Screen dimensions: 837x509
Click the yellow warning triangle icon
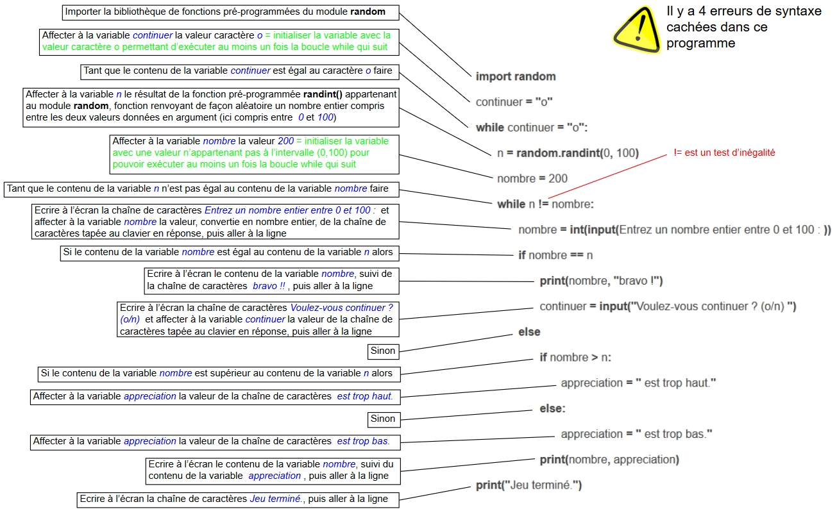(x=636, y=30)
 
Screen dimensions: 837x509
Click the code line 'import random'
(x=516, y=76)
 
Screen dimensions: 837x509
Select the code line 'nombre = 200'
(x=532, y=178)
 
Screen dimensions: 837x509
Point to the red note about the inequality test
(x=724, y=153)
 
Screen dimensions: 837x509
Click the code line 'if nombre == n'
(x=555, y=255)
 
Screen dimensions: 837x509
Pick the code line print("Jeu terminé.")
(x=528, y=485)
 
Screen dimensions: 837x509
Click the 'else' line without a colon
(x=529, y=331)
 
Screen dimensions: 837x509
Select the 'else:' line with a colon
(x=552, y=408)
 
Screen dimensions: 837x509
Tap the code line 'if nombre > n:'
(x=575, y=357)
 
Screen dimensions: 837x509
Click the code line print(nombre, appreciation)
(x=609, y=460)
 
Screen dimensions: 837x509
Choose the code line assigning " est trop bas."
(x=636, y=434)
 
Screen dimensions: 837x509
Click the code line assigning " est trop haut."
(x=638, y=383)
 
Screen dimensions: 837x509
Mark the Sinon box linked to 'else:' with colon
(x=384, y=419)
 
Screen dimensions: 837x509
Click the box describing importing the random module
(x=230, y=12)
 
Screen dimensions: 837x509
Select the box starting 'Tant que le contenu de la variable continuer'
(x=240, y=72)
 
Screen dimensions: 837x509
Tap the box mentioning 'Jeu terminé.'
(x=238, y=500)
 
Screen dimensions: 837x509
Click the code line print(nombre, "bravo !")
(x=601, y=281)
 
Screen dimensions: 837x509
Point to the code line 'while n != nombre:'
(x=545, y=204)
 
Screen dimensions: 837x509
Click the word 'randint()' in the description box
(x=323, y=94)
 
